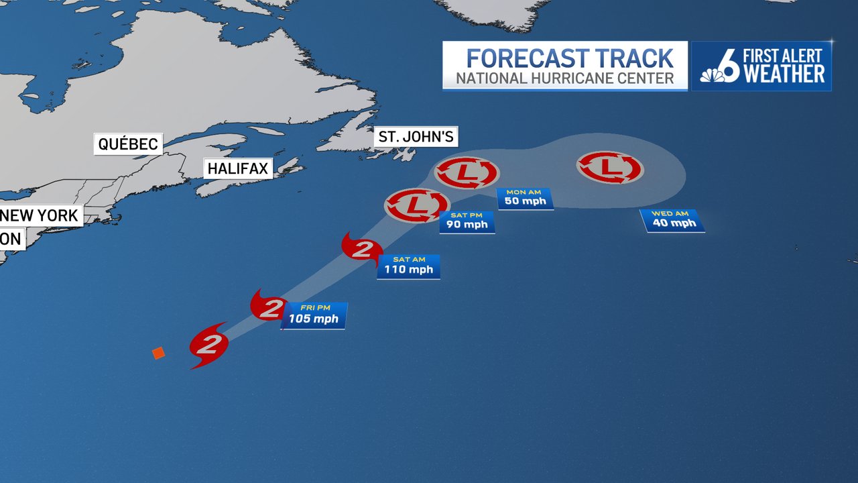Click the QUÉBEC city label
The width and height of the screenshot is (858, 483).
[128, 144]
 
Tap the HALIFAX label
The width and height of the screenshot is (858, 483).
[238, 168]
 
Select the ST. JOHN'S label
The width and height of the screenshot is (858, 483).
[416, 137]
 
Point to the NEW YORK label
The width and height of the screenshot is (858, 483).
[41, 216]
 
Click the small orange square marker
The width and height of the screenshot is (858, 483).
[158, 353]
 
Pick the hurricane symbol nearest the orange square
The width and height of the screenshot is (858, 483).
[209, 345]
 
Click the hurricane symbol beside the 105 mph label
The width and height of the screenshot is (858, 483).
[269, 306]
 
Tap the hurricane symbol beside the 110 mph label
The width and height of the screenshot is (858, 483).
[361, 250]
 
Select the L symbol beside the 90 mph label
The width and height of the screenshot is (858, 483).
[416, 205]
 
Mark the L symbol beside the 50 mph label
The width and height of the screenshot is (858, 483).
[467, 173]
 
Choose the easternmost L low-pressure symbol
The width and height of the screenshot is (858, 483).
[610, 168]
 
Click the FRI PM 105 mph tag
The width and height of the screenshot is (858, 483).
[314, 315]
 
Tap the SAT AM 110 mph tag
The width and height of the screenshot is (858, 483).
[408, 266]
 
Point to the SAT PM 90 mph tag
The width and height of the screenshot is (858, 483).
[467, 221]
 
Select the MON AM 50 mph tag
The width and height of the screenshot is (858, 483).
[525, 199]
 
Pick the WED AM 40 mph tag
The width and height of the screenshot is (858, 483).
[674, 221]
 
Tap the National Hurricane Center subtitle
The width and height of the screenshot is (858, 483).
[565, 78]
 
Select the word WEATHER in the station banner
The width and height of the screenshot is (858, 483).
[784, 74]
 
